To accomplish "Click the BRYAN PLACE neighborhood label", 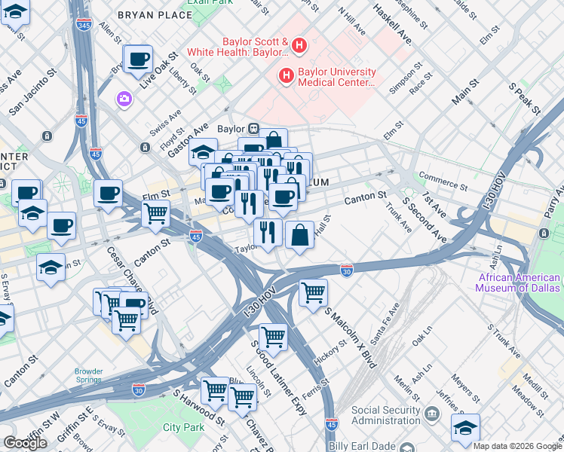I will (x=155, y=15).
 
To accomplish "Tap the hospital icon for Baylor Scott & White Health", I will (x=299, y=46).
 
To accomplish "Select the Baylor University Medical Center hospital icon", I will (x=287, y=75).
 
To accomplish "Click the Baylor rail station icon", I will (x=255, y=129).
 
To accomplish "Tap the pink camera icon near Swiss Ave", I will (x=123, y=99).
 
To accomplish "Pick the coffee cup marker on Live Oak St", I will (x=139, y=60).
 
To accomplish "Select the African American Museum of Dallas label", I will (x=520, y=282).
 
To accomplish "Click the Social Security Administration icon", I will (x=432, y=413).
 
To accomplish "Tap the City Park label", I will (x=183, y=427).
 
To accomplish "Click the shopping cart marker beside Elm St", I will (x=155, y=212).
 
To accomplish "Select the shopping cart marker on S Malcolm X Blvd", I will (x=313, y=292).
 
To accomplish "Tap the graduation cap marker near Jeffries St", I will (x=465, y=426).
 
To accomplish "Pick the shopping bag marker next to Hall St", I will (x=299, y=234).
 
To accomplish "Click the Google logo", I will (x=25, y=443).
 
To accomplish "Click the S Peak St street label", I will (x=525, y=98).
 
